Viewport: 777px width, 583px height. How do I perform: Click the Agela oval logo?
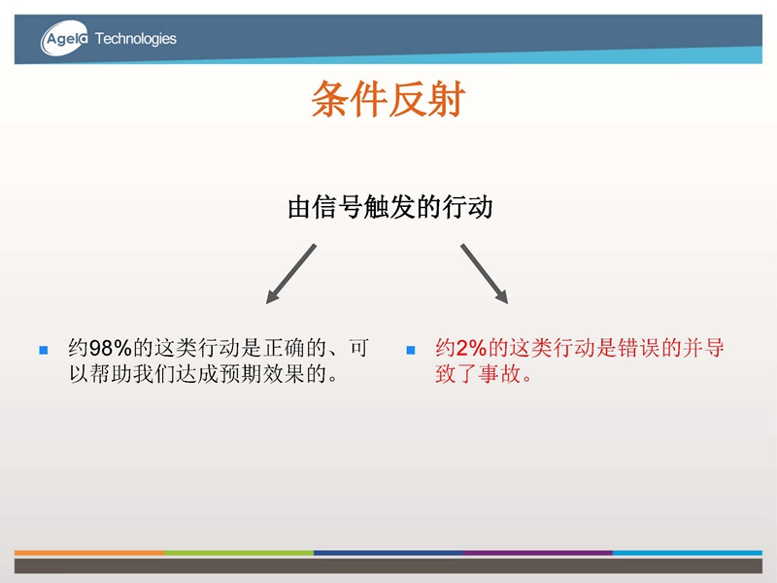64,38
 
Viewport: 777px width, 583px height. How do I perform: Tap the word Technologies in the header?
135,39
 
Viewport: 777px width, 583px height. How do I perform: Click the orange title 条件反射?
388,99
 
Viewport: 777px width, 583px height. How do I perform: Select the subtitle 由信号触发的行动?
390,207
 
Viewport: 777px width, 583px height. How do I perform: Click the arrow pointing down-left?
290,274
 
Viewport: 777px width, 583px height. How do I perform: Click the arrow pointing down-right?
484,274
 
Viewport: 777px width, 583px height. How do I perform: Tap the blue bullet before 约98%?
44,350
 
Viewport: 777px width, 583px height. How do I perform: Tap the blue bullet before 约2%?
410,350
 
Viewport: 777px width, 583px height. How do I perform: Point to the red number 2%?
471,348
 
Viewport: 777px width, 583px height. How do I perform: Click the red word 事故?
499,374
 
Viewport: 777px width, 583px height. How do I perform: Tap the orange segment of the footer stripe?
89,552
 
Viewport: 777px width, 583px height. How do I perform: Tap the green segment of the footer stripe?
239,552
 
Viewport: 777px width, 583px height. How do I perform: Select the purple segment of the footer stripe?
538,552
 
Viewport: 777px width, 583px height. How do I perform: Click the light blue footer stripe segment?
688,552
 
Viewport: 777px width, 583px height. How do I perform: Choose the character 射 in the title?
447,99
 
